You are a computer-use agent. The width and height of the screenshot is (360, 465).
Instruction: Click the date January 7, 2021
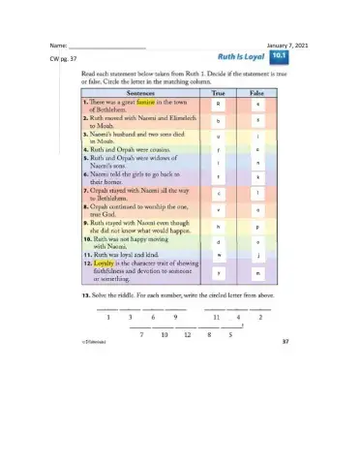[286, 46]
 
